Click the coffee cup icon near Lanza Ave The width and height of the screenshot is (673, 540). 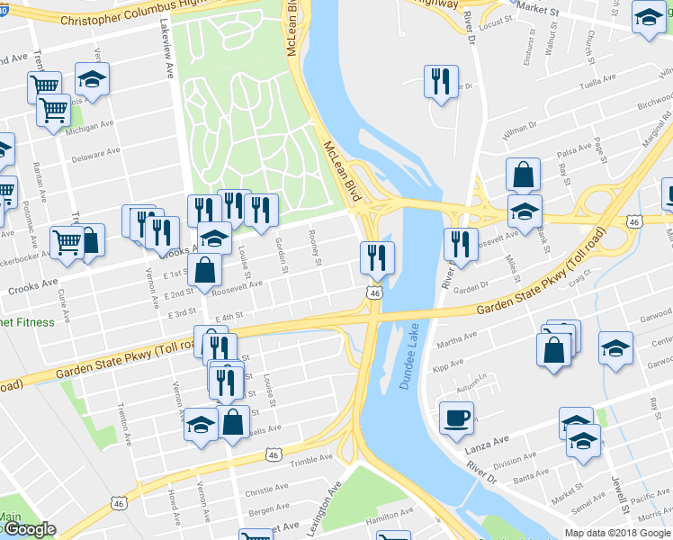point(456,417)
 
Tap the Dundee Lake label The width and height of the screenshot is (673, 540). point(408,356)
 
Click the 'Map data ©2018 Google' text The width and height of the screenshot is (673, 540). point(617,533)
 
